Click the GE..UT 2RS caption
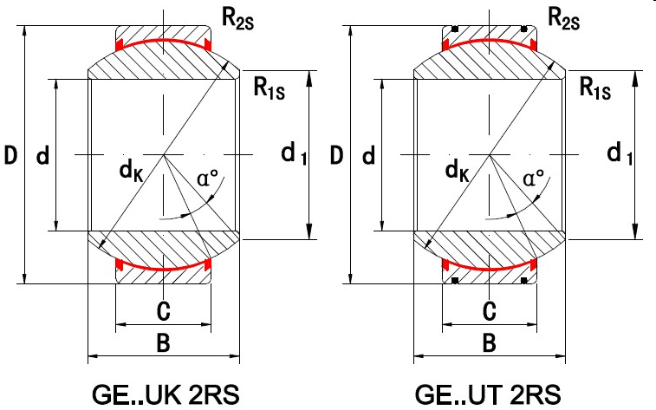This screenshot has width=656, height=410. click(x=489, y=393)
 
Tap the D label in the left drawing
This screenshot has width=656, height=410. click(x=11, y=157)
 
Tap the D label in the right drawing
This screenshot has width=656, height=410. click(x=336, y=157)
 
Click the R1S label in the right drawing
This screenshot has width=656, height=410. click(x=594, y=87)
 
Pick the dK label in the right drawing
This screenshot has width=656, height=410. click(x=458, y=173)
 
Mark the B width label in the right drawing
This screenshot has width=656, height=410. click(x=489, y=343)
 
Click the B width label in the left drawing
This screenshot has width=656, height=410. click(x=162, y=343)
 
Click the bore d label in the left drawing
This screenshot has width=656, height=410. click(x=42, y=157)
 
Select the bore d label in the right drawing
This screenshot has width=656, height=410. click(x=367, y=157)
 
